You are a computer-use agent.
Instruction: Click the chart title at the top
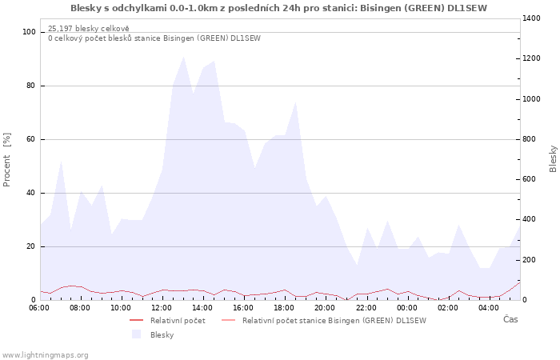278,8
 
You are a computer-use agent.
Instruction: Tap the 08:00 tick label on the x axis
80,308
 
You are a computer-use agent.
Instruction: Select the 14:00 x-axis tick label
202,308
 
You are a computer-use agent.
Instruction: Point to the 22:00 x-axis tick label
366,308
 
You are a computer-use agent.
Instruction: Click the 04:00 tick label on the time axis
489,308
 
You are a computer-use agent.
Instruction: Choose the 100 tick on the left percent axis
30,32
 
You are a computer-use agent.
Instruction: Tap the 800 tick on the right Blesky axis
532,139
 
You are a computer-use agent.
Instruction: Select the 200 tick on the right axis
532,260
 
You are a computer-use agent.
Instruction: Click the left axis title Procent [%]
8,160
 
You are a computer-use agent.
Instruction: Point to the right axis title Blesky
553,158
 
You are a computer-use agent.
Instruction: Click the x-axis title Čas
510,319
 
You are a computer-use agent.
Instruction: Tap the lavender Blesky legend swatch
136,334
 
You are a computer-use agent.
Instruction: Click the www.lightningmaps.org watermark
45,354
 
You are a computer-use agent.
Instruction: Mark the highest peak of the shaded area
184,57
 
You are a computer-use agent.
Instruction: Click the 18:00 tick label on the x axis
284,308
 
